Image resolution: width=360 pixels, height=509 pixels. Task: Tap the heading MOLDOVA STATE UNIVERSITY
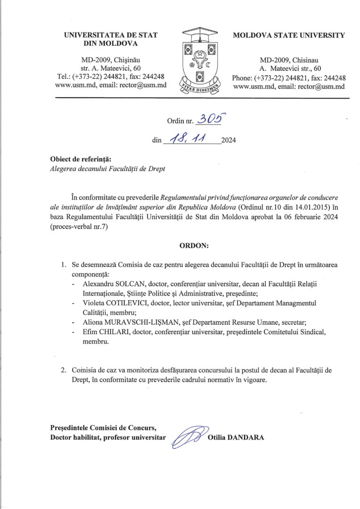(289, 35)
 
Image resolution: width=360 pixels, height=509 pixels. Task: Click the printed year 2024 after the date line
(229, 141)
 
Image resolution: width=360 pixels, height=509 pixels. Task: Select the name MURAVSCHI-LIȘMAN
(135, 322)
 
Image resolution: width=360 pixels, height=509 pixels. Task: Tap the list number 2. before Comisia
(64, 370)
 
